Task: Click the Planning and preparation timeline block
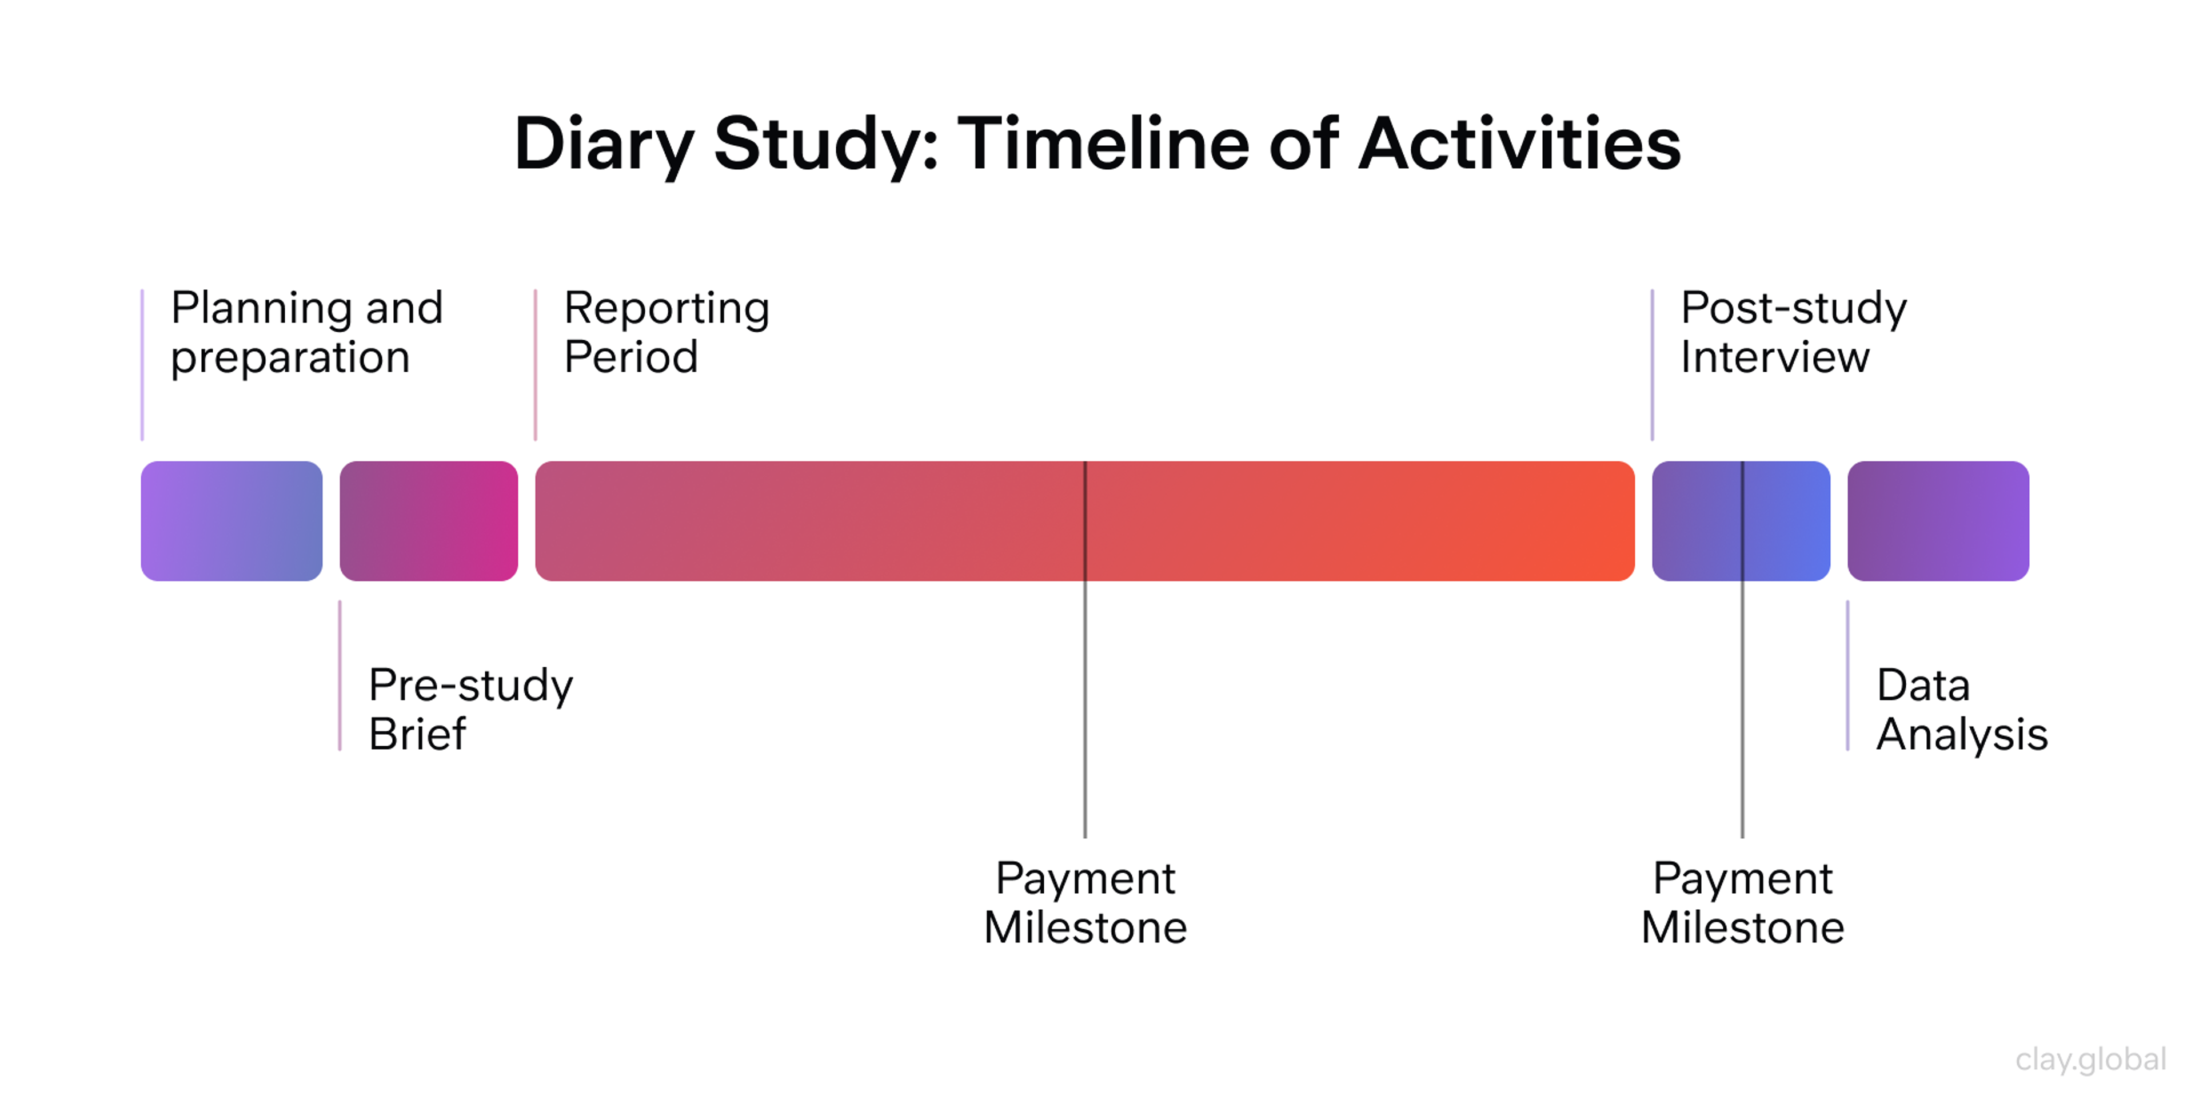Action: click(231, 521)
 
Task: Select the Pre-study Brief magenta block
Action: click(429, 521)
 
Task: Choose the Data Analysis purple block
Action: click(1938, 521)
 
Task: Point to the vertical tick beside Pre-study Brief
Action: click(340, 675)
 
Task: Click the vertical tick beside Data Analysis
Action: click(1847, 675)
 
